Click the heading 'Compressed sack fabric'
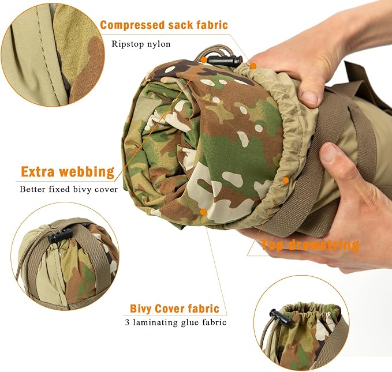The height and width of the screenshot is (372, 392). point(163,25)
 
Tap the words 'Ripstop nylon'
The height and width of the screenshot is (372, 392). point(140,43)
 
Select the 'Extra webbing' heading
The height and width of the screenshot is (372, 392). point(68,171)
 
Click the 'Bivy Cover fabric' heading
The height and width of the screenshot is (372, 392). point(174,309)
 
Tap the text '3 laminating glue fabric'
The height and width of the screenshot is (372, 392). point(175,322)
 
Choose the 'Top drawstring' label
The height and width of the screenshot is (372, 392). point(309,245)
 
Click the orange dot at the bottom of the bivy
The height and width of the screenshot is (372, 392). point(203,212)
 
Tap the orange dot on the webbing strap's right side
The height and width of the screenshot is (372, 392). point(285,180)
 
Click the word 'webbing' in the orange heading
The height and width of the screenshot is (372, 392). point(90,171)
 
